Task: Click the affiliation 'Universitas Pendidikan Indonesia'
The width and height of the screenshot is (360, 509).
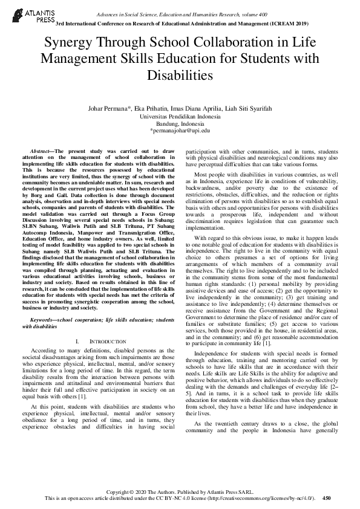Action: [180, 115]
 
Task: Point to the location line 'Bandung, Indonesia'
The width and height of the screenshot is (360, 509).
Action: [180, 123]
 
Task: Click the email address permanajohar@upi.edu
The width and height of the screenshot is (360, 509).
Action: [180, 130]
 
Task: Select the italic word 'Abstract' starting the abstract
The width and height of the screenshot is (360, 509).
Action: [42, 149]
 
